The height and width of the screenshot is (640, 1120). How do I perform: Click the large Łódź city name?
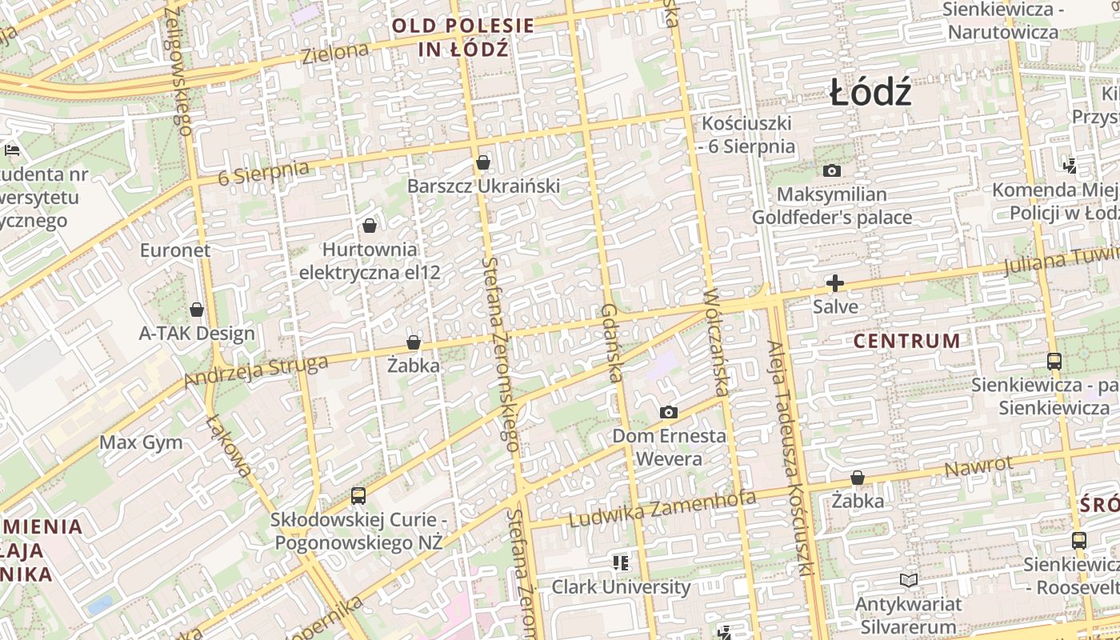(x=870, y=94)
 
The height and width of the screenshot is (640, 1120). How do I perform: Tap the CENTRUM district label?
(x=906, y=341)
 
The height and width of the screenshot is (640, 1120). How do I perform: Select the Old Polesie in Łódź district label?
(x=463, y=37)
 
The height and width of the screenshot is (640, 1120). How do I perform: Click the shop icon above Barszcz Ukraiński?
(x=482, y=163)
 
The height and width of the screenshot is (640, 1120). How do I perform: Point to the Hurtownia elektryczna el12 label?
(x=370, y=261)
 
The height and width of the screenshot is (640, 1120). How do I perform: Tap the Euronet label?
(x=175, y=250)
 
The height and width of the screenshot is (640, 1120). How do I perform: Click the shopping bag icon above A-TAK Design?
(x=197, y=310)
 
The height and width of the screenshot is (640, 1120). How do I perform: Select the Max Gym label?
(x=141, y=442)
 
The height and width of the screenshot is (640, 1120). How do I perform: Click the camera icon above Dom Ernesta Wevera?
(x=669, y=413)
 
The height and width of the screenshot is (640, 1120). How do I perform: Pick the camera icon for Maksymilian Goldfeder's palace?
(x=832, y=170)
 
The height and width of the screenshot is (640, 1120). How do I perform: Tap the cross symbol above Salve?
(x=834, y=283)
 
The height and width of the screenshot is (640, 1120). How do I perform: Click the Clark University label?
(x=621, y=586)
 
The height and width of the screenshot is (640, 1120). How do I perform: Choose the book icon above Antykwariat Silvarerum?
(x=908, y=580)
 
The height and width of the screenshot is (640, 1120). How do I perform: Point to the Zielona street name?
(x=335, y=54)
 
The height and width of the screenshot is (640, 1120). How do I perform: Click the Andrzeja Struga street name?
(x=256, y=371)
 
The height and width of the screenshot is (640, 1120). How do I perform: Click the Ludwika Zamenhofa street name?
(x=662, y=509)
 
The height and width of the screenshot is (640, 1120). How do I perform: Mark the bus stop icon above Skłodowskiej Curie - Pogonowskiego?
(x=358, y=496)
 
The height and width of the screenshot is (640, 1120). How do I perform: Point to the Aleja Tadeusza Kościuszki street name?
(x=790, y=458)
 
